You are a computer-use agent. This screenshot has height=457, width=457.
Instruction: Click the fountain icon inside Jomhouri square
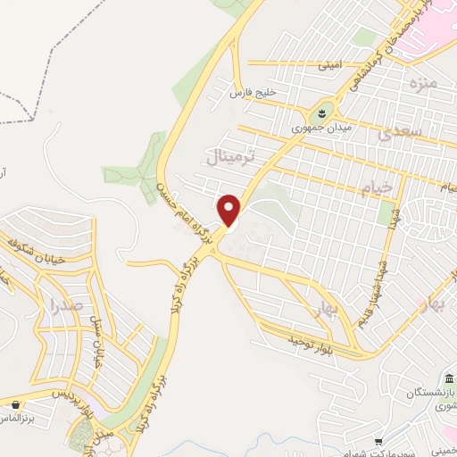click(x=319, y=113)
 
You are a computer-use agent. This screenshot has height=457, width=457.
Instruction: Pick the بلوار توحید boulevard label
click(x=309, y=342)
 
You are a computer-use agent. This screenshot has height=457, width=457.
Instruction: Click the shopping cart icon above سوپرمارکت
click(x=379, y=441)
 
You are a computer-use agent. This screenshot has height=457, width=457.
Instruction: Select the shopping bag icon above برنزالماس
click(x=16, y=404)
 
